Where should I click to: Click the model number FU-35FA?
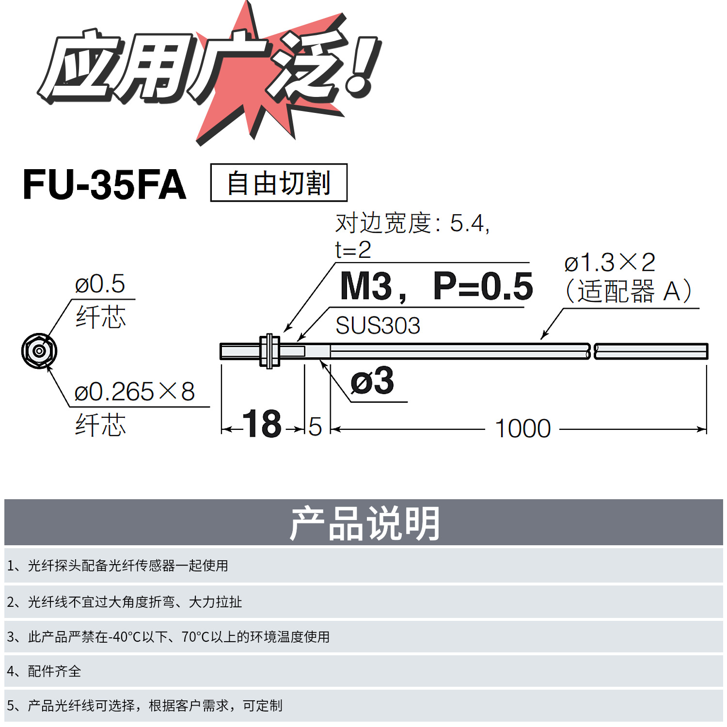click(x=104, y=185)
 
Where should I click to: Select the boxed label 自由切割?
click(x=279, y=183)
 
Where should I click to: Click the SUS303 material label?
click(x=378, y=326)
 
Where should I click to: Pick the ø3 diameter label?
click(x=372, y=381)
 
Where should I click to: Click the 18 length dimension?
click(x=262, y=424)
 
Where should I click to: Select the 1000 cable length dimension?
click(x=522, y=429)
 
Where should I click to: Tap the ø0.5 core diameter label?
click(x=100, y=284)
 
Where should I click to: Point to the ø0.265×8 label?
click(x=134, y=392)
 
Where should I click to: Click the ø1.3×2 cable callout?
click(x=610, y=263)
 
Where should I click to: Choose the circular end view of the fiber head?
click(x=39, y=351)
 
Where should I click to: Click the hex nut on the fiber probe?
click(x=269, y=351)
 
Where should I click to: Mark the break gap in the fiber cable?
click(x=592, y=351)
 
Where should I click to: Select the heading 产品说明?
click(x=364, y=523)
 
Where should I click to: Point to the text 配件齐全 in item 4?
click(x=54, y=671)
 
